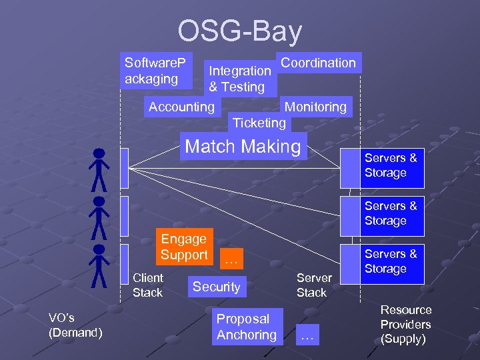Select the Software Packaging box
coord(156,71)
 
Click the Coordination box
coord(319,63)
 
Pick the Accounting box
coord(181,107)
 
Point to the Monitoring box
coord(315,107)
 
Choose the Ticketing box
coord(259,123)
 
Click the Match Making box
coord(243,147)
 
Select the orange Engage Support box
coord(183,247)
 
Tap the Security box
coord(216,287)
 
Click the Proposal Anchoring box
coord(246,327)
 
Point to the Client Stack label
coord(147,285)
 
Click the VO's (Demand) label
coord(75,325)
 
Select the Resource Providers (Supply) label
coord(405,325)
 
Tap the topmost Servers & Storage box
coord(391,165)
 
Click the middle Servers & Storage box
coord(391,213)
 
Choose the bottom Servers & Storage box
coord(391,261)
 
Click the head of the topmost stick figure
coord(99,153)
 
